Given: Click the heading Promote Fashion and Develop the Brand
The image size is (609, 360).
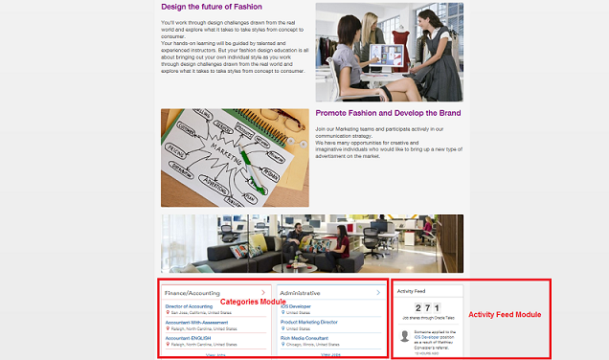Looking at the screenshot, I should (388, 113).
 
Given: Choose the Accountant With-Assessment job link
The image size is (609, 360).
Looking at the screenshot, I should (196, 323).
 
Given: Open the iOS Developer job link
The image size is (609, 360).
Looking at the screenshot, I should (297, 306).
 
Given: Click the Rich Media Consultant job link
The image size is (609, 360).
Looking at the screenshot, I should (304, 338).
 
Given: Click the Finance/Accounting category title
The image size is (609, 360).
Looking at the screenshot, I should (192, 292).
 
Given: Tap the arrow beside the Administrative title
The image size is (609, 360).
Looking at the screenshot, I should (377, 292).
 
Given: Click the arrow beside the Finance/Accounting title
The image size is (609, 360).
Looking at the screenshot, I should (262, 292).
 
